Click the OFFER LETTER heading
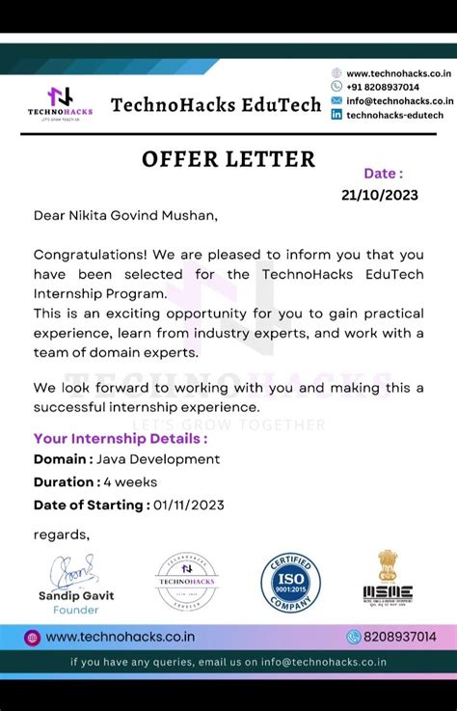point(228,159)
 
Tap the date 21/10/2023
point(379,194)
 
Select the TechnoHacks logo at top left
point(60,102)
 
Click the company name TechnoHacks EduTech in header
point(216,104)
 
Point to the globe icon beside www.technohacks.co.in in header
point(336,73)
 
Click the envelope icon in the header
point(336,100)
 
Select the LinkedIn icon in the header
point(336,114)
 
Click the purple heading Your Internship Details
point(120,439)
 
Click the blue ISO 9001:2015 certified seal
point(290,582)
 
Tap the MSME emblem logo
point(388,579)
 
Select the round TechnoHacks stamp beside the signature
point(187,581)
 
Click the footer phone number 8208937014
point(399,637)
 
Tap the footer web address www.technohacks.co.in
point(120,637)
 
